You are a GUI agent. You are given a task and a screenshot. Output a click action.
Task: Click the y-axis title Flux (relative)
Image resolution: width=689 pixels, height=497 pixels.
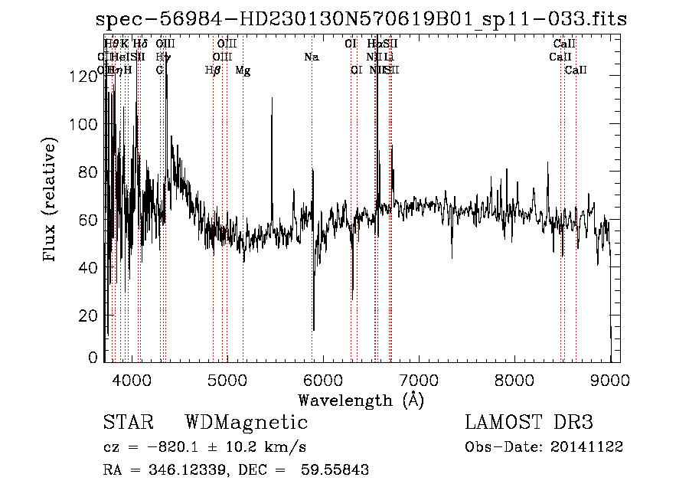coord(51,201)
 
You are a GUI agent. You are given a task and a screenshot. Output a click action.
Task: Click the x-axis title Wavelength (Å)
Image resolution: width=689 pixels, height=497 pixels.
coord(361,400)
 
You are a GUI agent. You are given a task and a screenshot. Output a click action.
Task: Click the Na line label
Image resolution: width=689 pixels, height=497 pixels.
coord(311,57)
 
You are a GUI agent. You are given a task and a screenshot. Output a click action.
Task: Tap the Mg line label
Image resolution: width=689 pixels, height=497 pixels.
coord(243,70)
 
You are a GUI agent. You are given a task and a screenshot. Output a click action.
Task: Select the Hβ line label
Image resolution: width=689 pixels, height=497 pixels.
coord(213,70)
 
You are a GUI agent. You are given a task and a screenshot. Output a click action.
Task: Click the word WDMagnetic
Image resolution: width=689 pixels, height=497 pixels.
coord(246,423)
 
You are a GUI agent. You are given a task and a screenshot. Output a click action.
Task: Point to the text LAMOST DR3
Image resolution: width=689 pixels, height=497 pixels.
coord(528,423)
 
